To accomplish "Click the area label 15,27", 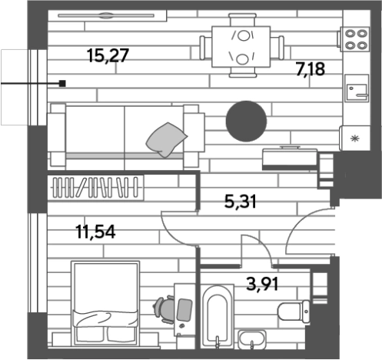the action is coord(108,55).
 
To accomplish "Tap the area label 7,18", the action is coord(311,68).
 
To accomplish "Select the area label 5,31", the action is coord(241,202).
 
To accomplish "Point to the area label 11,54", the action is coord(96,232).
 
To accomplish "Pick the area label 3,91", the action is coord(262,284).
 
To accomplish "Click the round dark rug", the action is coord(246,122).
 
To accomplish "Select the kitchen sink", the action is coord(357,88).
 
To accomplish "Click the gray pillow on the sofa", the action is coord(167,140).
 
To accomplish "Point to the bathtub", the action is coord(218,316).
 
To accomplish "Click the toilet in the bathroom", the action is coord(294,312).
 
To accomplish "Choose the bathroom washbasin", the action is coord(252,340).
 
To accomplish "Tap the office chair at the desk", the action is coord(164,310).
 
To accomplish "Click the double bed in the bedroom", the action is coord(105,303).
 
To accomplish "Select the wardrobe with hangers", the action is coord(95,188).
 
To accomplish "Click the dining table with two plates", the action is coord(241,46).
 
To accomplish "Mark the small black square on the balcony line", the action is coord(62,83).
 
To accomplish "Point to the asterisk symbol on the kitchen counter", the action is coord(355,138).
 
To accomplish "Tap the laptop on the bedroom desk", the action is coord(184,310).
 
